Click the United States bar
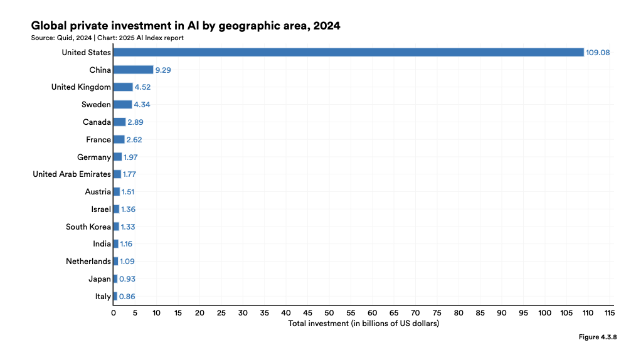click(349, 52)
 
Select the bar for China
click(134, 70)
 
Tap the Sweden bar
click(122, 105)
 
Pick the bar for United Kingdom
click(123, 87)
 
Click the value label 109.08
click(598, 53)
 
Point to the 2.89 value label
click(135, 122)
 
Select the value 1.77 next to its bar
click(129, 174)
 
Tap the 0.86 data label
click(127, 297)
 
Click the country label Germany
click(94, 157)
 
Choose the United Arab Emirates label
click(72, 174)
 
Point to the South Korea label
click(88, 226)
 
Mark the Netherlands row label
click(88, 262)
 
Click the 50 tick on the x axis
click(329, 313)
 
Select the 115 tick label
click(609, 313)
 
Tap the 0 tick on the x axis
click(114, 313)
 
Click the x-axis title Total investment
click(364, 323)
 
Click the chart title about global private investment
click(186, 26)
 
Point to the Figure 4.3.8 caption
click(598, 337)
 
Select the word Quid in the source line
click(65, 38)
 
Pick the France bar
click(119, 140)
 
